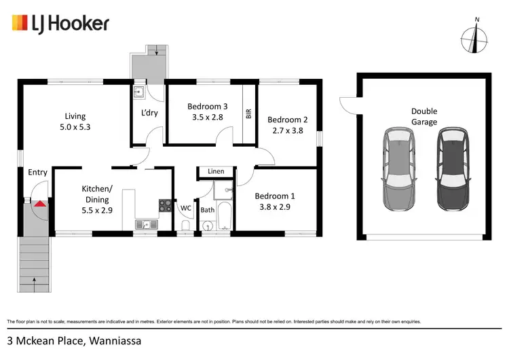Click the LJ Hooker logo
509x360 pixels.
click(60, 24)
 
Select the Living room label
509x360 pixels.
click(76, 116)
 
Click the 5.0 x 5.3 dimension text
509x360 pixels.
click(76, 126)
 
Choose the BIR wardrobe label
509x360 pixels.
click(248, 114)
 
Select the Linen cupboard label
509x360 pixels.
click(216, 172)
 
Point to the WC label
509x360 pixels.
click(185, 208)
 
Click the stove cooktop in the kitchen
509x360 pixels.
click(165, 204)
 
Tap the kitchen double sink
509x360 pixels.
click(145, 225)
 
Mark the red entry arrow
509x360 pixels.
click(41, 202)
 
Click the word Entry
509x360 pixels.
click(37, 173)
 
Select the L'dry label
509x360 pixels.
click(149, 113)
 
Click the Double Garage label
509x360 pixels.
click(423, 116)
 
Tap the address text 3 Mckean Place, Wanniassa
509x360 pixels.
click(74, 340)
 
